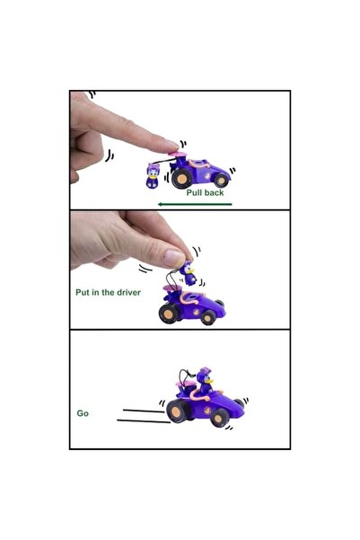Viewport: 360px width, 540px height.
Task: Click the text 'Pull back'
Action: [x=205, y=193]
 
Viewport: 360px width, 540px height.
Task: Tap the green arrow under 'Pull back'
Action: [x=195, y=204]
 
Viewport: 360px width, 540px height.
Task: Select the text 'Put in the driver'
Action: [x=108, y=292]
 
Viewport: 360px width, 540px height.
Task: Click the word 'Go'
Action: [x=83, y=413]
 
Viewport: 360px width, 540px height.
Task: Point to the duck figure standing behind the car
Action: [x=152, y=175]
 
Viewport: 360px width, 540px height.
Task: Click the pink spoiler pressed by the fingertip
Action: [x=177, y=154]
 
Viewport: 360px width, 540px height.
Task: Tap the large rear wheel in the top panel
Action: [x=181, y=179]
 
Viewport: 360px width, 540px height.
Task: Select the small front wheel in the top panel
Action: [x=221, y=180]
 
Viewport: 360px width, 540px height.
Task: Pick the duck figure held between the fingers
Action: [x=188, y=273]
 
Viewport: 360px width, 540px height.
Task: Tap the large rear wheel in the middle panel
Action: [x=168, y=314]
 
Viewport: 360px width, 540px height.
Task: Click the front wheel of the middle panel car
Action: [x=208, y=317]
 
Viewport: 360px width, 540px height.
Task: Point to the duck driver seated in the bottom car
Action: [x=205, y=381]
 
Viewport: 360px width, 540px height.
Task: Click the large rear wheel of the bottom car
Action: [x=177, y=412]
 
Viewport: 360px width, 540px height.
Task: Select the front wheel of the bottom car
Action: [x=218, y=419]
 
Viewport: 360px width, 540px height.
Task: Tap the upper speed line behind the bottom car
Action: [x=144, y=411]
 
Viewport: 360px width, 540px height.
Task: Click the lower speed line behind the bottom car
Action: [x=144, y=421]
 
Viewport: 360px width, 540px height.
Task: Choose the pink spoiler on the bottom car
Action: [x=184, y=383]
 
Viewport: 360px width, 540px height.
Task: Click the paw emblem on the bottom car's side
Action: [x=208, y=410]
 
